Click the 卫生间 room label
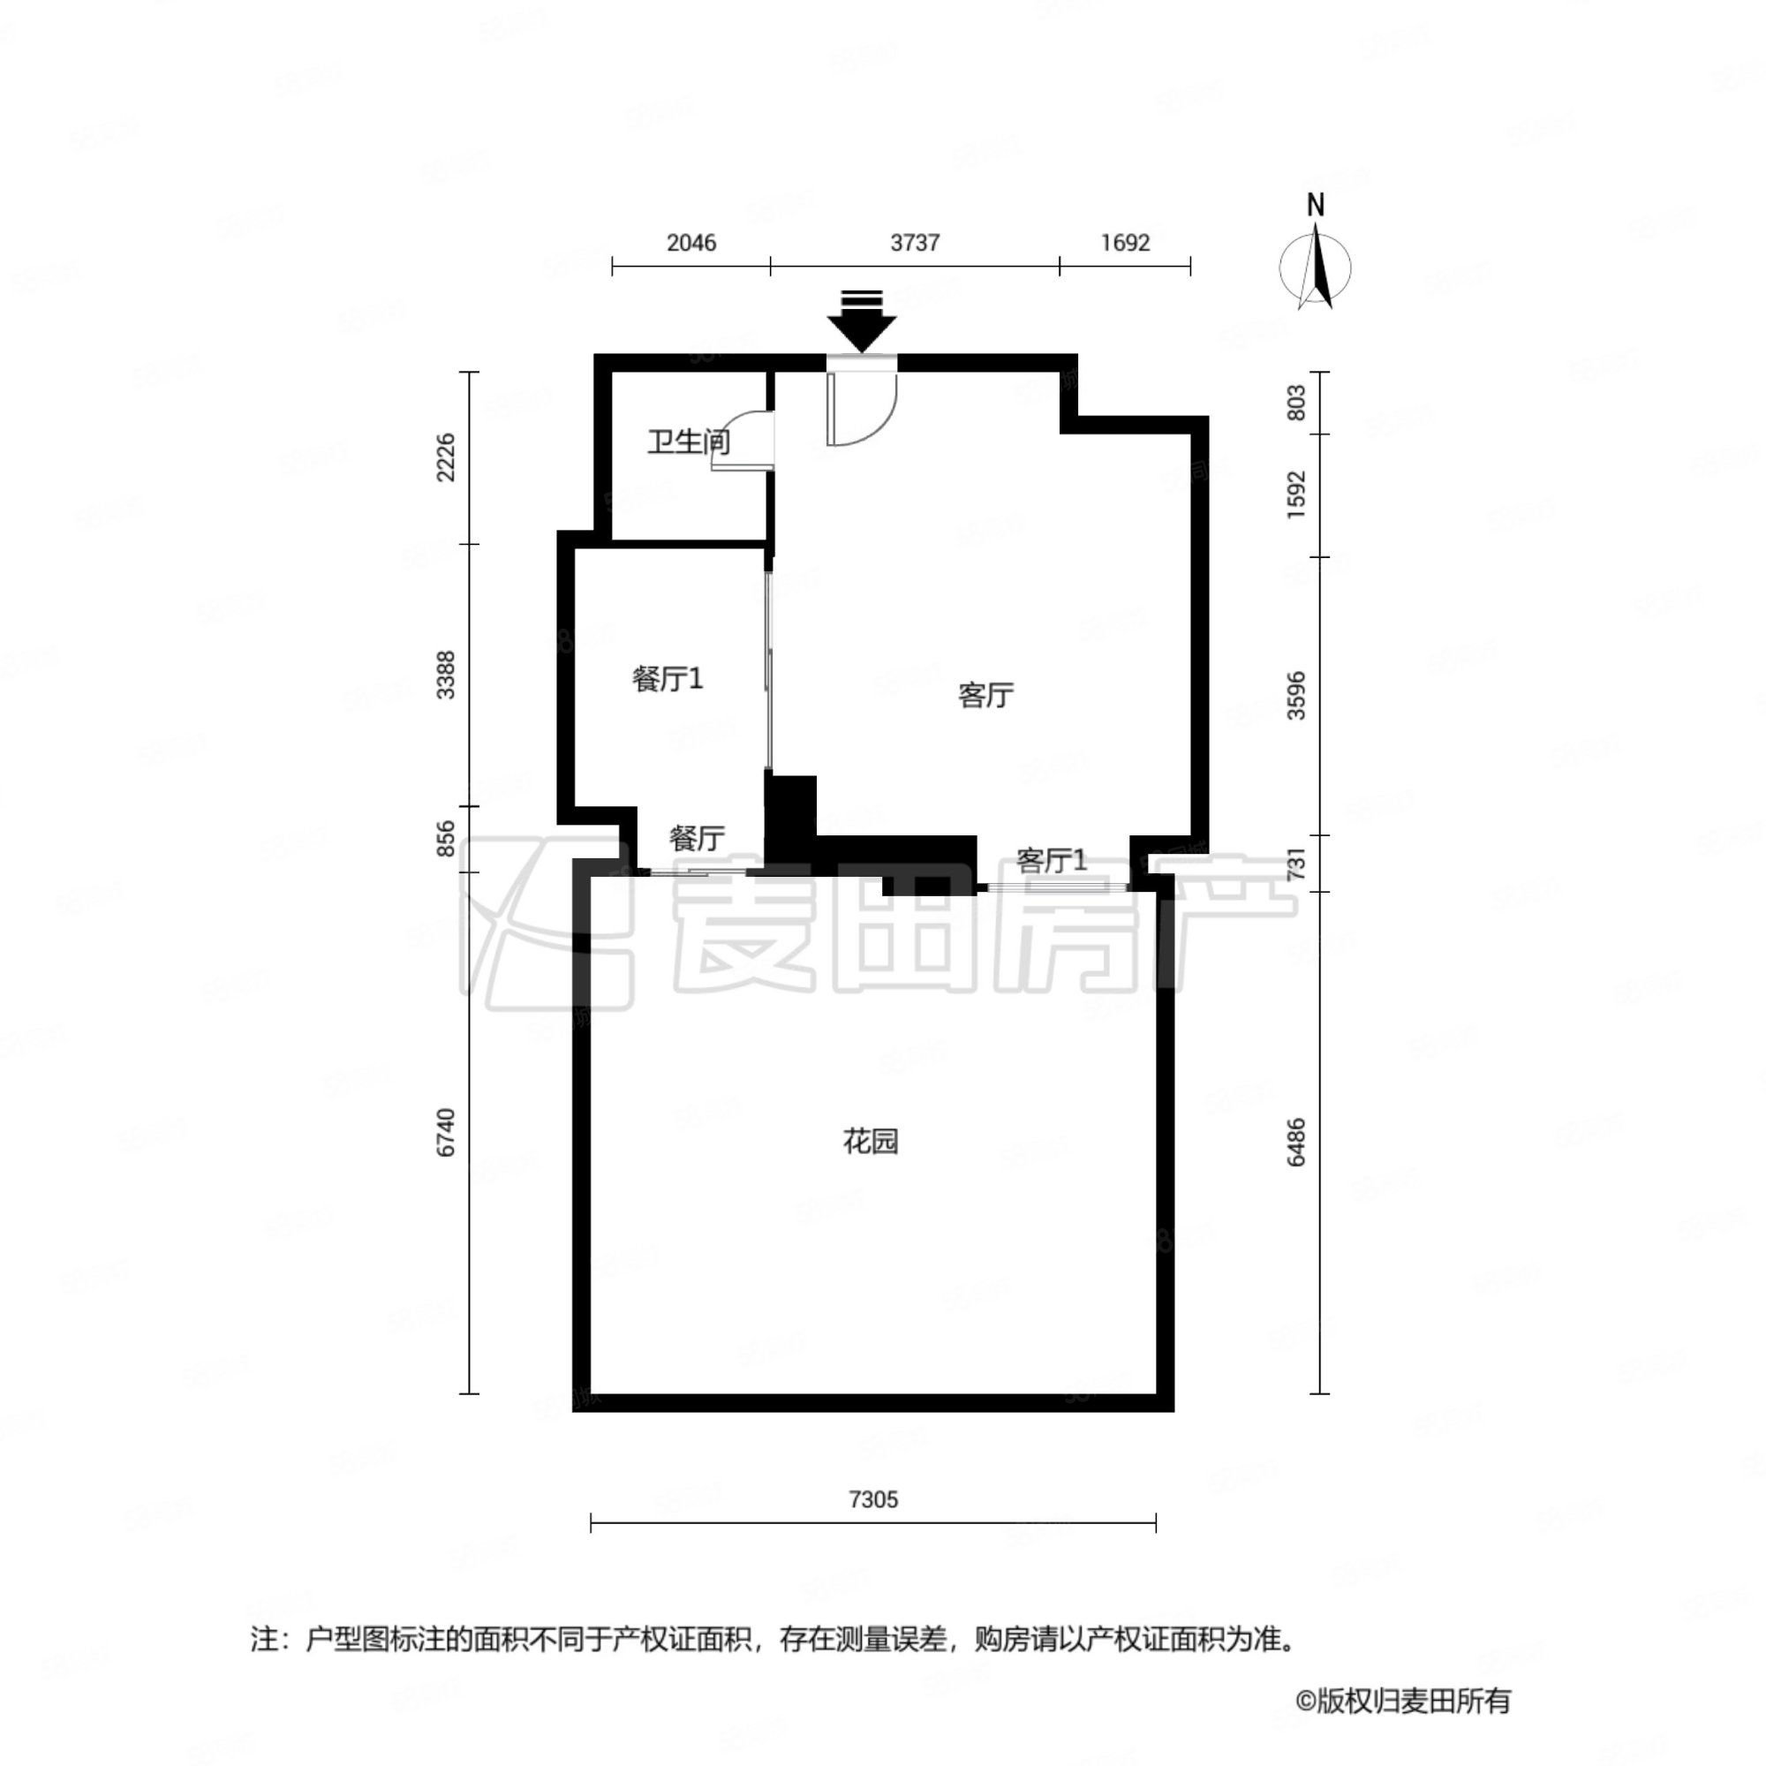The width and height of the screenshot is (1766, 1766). (689, 442)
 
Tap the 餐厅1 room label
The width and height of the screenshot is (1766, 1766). (668, 678)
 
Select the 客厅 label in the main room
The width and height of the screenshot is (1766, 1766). (985, 696)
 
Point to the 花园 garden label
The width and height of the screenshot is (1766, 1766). (871, 1141)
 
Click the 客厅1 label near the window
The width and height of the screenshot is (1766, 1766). (1053, 860)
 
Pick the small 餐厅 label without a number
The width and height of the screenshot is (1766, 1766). (697, 837)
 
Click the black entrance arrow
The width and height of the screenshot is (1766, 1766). (861, 321)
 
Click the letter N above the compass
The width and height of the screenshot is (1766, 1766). (1316, 206)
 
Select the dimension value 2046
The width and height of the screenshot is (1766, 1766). (691, 242)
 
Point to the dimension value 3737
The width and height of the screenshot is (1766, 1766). (915, 242)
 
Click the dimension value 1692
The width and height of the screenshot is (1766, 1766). (1124, 242)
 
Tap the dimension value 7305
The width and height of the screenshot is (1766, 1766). (873, 1499)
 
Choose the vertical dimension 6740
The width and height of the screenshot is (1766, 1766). (445, 1133)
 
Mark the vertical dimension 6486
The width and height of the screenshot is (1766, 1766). (1295, 1142)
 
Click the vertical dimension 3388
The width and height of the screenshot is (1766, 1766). (445, 675)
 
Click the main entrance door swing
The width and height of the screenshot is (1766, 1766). (862, 409)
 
